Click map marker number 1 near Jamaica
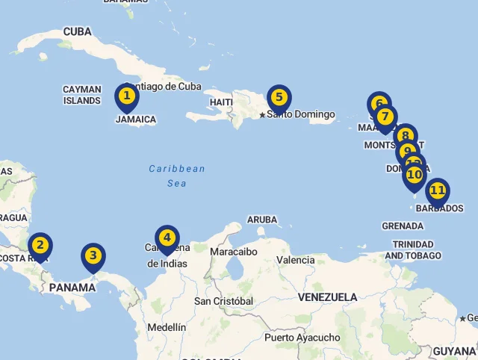(x=127, y=96)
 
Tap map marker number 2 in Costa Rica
(x=40, y=245)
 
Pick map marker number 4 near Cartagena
(x=167, y=238)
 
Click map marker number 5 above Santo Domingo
(x=279, y=97)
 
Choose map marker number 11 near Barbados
(x=438, y=190)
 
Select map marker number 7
(x=385, y=117)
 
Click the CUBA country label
(x=78, y=31)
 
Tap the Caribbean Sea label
(x=177, y=176)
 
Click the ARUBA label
(x=261, y=220)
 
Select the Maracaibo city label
(x=233, y=252)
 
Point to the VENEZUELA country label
(x=327, y=297)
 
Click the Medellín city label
(x=167, y=327)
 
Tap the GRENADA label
(x=403, y=226)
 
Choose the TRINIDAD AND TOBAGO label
(x=413, y=249)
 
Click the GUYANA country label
(x=453, y=351)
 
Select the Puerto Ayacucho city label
(x=302, y=338)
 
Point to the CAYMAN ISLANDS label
(x=82, y=95)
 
